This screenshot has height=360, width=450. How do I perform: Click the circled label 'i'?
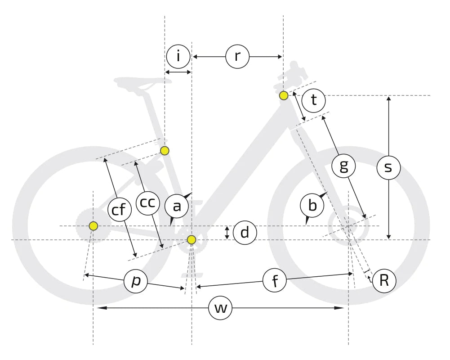[x=178, y=56]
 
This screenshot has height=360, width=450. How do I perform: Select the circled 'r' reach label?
[x=237, y=56]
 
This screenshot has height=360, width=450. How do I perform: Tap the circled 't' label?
[x=314, y=100]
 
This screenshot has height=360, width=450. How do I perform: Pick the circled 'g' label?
[x=343, y=166]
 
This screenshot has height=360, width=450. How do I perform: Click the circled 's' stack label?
[x=388, y=167]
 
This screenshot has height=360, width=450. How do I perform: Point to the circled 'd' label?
[x=245, y=233]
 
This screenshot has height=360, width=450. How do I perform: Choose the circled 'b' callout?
[x=312, y=206]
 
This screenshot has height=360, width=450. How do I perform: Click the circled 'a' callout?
[x=177, y=206]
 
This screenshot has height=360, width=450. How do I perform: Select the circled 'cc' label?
[x=147, y=203]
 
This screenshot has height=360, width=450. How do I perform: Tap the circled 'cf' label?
[x=120, y=209]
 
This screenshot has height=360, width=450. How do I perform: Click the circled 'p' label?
[x=136, y=281]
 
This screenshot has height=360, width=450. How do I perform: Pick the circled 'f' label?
[x=275, y=280]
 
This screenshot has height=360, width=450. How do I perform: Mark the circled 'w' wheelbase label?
[x=220, y=308]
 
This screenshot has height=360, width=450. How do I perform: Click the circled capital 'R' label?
[x=384, y=281]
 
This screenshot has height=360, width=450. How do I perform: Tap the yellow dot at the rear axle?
[x=93, y=226]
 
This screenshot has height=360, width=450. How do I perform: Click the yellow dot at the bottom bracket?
[x=192, y=239]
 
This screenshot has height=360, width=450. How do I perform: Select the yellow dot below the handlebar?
[x=284, y=95]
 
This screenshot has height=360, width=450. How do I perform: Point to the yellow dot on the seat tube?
[x=165, y=151]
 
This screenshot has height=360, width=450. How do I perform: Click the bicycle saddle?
[x=142, y=82]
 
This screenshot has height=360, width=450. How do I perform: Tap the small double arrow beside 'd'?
[x=227, y=233]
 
